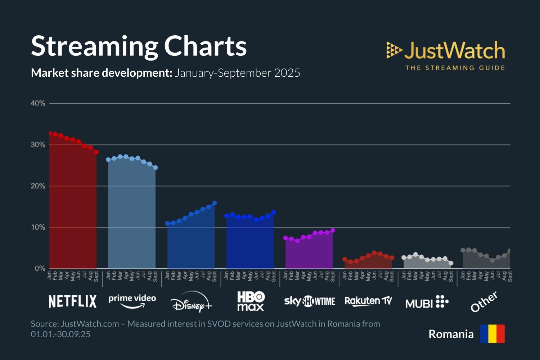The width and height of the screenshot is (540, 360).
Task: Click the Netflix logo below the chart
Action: point(72,301)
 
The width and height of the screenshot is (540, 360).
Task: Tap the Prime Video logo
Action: point(132,301)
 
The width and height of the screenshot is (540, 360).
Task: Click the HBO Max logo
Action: point(251,301)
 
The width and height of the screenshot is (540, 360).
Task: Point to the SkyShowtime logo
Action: point(310,301)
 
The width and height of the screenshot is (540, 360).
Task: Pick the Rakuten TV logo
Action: point(368,301)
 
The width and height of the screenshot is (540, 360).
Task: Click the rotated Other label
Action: point(484,302)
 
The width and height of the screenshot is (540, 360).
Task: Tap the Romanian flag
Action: point(492,334)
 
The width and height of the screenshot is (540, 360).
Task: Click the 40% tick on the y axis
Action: point(38,103)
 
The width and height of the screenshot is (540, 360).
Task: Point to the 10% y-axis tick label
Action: point(38,227)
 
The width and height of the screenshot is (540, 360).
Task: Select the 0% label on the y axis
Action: point(40,269)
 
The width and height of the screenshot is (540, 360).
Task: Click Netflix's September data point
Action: point(96,152)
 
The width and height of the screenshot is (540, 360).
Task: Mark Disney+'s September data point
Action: point(215,203)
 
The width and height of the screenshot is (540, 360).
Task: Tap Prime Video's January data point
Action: point(108,159)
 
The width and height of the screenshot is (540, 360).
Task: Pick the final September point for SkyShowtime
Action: point(333,230)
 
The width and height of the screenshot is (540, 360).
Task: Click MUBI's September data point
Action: point(451,263)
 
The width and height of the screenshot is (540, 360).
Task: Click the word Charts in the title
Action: point(206,46)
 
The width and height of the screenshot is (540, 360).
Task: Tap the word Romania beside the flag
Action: point(451,334)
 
